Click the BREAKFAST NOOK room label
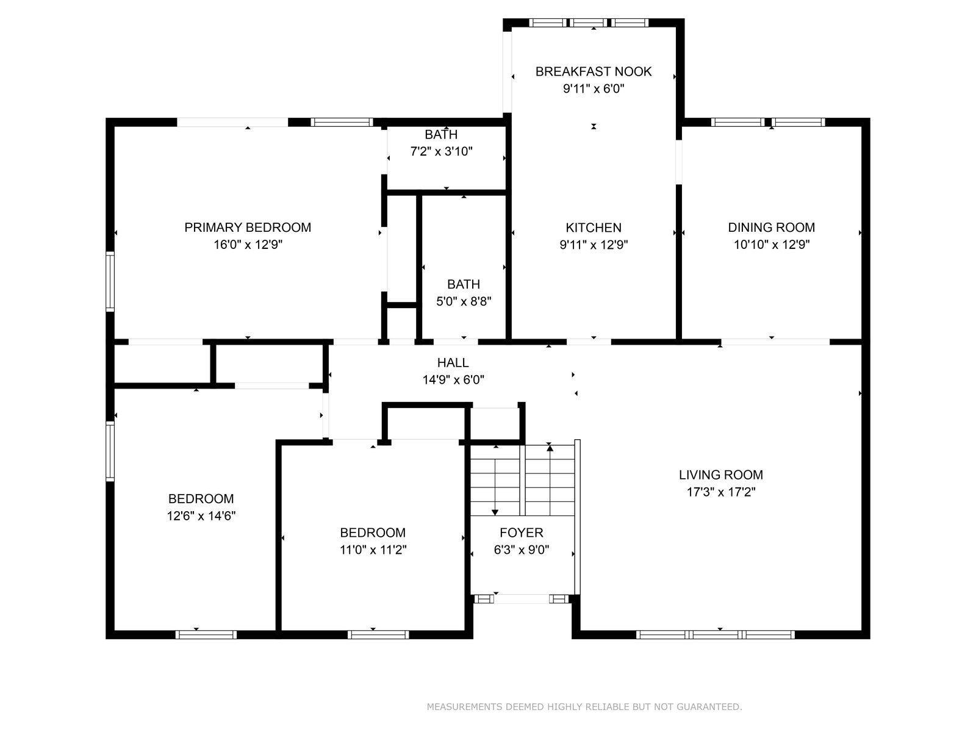(593, 71)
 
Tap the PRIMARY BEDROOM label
(248, 228)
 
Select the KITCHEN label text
(593, 228)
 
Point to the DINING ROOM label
(771, 228)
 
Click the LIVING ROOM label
(720, 475)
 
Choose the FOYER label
(521, 533)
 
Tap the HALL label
(453, 363)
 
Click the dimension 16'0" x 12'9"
(248, 245)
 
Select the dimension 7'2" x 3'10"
(440, 152)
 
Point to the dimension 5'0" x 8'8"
(464, 302)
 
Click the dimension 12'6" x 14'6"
(201, 516)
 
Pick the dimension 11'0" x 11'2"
(373, 550)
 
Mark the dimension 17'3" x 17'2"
(720, 492)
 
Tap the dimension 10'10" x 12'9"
(771, 245)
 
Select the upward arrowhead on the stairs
(550, 448)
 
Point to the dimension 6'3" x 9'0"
(521, 550)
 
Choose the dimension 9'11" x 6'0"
(593, 89)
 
